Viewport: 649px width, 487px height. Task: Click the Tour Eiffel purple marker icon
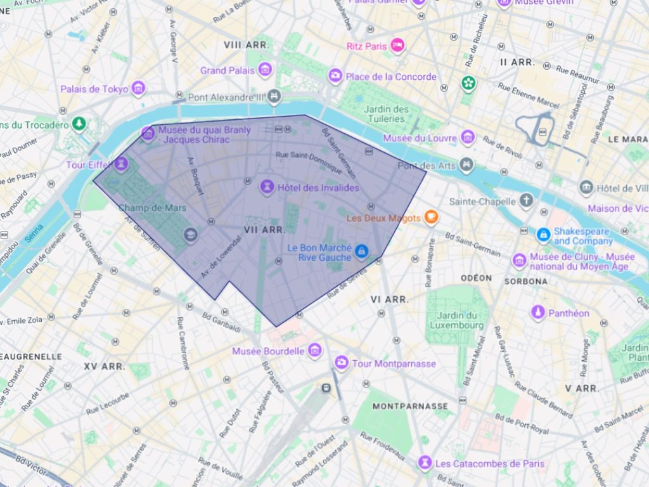point(121,164)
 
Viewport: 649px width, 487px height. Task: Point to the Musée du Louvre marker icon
point(468,137)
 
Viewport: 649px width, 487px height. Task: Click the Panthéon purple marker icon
point(538,312)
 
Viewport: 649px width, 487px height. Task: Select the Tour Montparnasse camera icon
point(342,363)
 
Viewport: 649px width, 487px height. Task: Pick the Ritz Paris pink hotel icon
point(397,45)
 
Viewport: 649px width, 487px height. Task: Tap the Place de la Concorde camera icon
point(335,76)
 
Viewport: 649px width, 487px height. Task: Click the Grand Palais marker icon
point(265,70)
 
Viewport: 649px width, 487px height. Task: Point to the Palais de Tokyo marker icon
point(139,88)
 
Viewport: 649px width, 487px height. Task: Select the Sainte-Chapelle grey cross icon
point(526,201)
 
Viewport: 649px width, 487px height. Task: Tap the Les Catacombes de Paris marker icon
point(425,463)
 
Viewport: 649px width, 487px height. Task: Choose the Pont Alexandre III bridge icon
point(274,96)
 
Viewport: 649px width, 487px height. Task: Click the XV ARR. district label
point(105,367)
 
